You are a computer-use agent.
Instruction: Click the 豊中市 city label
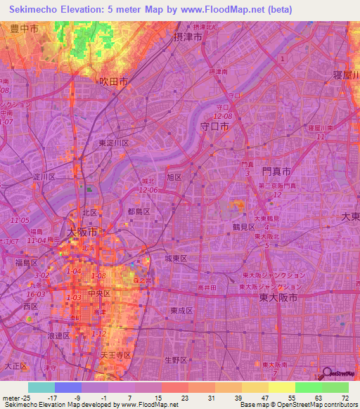point(25,29)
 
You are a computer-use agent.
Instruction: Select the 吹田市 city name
point(113,82)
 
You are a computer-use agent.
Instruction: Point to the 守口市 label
point(214,127)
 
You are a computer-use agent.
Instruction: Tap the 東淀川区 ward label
point(113,143)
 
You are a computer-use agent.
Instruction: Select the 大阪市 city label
point(82,231)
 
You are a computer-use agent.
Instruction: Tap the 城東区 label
point(176,259)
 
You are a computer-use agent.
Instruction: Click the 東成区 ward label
point(181,310)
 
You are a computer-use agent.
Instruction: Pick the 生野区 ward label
point(175,360)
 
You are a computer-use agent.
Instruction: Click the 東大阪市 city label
point(278,298)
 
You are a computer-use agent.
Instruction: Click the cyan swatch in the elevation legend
point(41,387)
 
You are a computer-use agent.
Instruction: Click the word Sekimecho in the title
point(36,9)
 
